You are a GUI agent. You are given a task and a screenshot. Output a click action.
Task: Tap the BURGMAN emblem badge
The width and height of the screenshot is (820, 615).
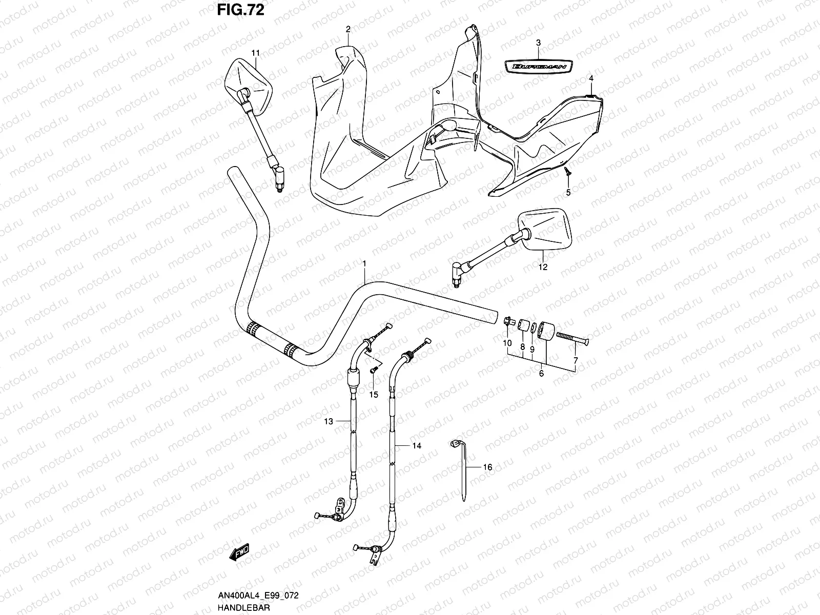pos(538,66)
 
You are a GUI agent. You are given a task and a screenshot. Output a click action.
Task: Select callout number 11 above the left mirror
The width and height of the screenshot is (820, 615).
pos(255,52)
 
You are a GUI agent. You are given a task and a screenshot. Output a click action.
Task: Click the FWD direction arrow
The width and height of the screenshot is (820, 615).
pos(239,552)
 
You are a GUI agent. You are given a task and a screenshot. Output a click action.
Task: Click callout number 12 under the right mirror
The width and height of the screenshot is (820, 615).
pos(543,266)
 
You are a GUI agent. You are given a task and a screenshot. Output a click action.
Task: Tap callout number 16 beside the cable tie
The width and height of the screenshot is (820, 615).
pos(487,467)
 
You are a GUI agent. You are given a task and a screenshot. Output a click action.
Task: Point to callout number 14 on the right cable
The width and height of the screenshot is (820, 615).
pos(417,446)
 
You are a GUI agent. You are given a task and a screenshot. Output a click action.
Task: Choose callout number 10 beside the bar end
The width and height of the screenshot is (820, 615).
pos(507,343)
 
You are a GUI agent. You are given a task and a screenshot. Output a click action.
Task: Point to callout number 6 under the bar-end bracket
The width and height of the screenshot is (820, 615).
pos(541,374)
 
